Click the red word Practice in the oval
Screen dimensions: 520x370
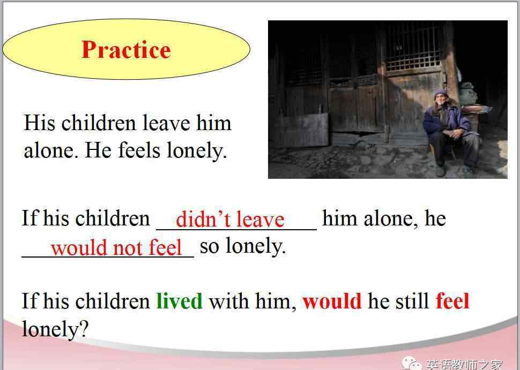pyautogui.click(x=126, y=50)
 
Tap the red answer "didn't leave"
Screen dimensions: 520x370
pyautogui.click(x=230, y=220)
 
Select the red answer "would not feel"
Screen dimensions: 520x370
pyautogui.click(x=116, y=247)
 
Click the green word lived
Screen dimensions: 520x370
pyautogui.click(x=179, y=301)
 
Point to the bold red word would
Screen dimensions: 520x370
pyautogui.click(x=332, y=301)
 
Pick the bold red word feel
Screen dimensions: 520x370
pyautogui.click(x=452, y=301)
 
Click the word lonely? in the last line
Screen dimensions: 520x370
pyautogui.click(x=55, y=329)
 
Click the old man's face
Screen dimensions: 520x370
pyautogui.click(x=441, y=101)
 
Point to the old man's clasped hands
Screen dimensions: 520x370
pyautogui.click(x=452, y=133)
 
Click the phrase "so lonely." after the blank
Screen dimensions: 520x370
pyautogui.click(x=243, y=246)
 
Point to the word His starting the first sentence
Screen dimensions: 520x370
pyautogui.click(x=40, y=123)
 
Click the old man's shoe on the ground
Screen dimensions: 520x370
pyautogui.click(x=441, y=171)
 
